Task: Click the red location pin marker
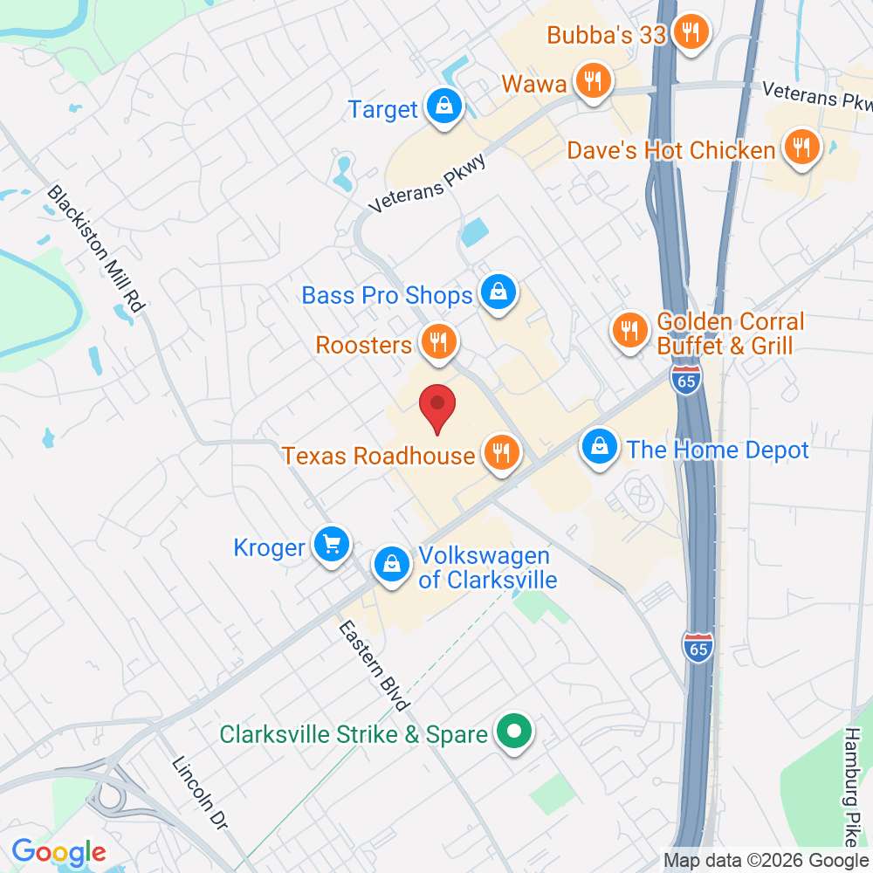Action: point(437,407)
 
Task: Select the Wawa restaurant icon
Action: point(594,82)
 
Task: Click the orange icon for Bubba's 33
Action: point(691,33)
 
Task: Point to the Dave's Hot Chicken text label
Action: point(670,150)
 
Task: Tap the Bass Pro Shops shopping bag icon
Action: point(498,292)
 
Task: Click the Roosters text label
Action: point(363,345)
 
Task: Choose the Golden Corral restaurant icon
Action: point(629,330)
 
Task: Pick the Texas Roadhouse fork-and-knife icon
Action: point(500,452)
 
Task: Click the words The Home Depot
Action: point(718,450)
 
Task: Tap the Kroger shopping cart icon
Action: point(331,545)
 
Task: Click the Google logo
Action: point(58,851)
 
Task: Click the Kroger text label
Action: point(269,547)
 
